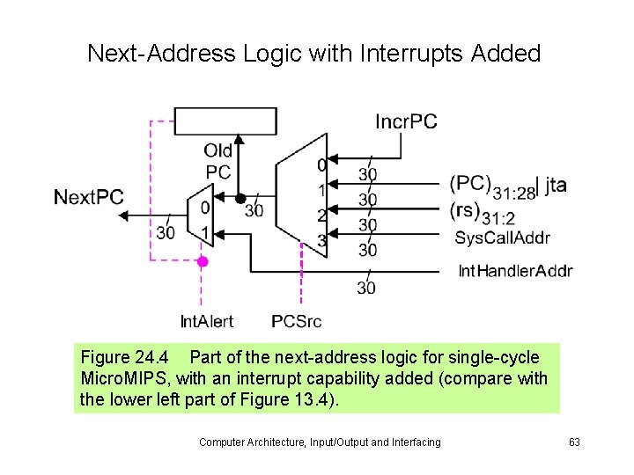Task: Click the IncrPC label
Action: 406,121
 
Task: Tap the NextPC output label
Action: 89,197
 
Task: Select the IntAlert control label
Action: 206,321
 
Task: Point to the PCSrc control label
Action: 297,321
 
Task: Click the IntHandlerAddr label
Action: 515,270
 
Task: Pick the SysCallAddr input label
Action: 502,237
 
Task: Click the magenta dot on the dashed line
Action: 203,261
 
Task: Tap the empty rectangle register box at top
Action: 225,122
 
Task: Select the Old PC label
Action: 218,160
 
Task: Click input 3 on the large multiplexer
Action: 322,240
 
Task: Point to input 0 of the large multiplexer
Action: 322,164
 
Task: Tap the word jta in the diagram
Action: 556,185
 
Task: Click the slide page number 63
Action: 573,442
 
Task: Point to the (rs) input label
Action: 465,210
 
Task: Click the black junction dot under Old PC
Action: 239,197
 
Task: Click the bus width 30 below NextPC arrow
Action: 166,232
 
